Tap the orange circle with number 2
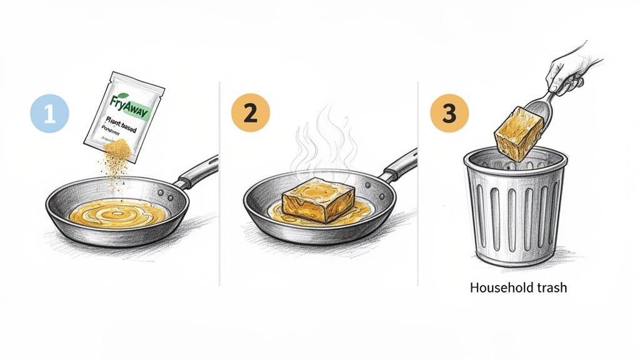(250, 113)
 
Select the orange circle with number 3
(449, 113)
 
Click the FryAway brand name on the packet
(127, 100)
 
